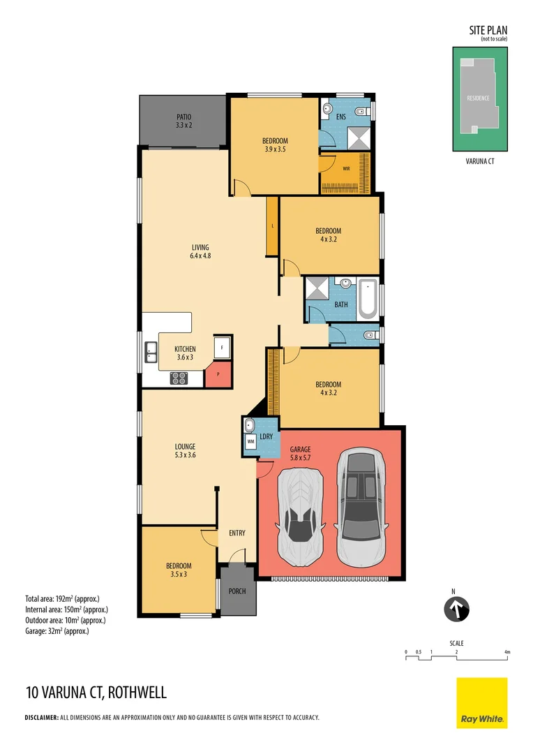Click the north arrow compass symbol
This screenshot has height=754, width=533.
click(457, 609)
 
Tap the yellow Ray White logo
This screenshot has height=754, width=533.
click(481, 702)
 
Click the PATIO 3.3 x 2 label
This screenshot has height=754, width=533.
click(183, 121)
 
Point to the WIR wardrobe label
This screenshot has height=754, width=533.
click(346, 168)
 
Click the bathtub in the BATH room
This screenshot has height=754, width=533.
click(368, 298)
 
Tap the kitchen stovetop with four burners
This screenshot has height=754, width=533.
click(179, 378)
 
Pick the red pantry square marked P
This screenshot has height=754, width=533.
click(218, 374)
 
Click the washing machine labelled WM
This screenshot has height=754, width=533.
click(250, 441)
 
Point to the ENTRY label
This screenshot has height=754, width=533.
click(237, 533)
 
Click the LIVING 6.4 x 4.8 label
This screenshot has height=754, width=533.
click(200, 252)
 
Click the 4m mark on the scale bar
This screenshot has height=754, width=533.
click(507, 653)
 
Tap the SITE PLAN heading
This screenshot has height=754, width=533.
click(488, 30)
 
